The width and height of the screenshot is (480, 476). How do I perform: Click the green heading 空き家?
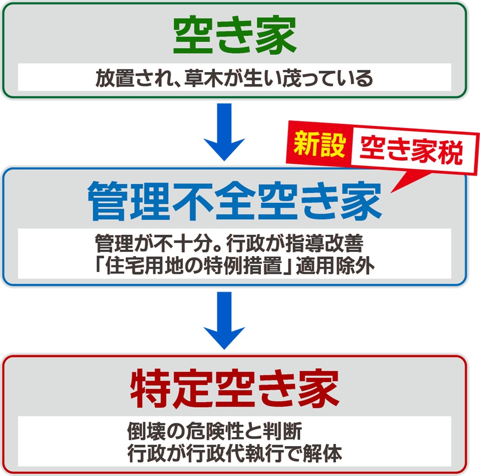pos(235,35)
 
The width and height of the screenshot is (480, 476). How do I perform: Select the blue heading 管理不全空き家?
pos(235,201)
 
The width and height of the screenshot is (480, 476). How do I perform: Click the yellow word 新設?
pos(319,144)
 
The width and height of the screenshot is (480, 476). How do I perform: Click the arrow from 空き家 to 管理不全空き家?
pos(225,132)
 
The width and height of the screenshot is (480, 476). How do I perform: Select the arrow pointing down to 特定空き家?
pos(225,321)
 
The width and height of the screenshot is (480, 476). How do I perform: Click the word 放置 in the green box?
pos(115,78)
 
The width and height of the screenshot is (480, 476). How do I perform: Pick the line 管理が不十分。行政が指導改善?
pos(229,243)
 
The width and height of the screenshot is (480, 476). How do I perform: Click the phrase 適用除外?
pos(335,265)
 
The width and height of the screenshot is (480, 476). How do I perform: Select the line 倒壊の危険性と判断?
pos(215,431)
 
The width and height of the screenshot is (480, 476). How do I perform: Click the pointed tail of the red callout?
pos(391,193)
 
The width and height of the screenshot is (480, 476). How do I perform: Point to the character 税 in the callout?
pos(450,153)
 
